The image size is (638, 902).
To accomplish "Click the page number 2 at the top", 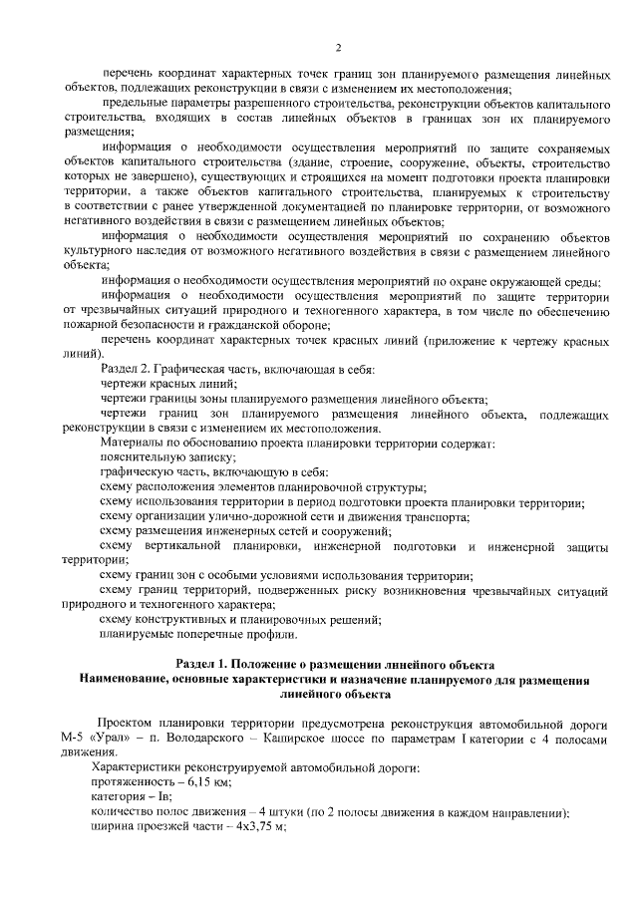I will tap(339, 47).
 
